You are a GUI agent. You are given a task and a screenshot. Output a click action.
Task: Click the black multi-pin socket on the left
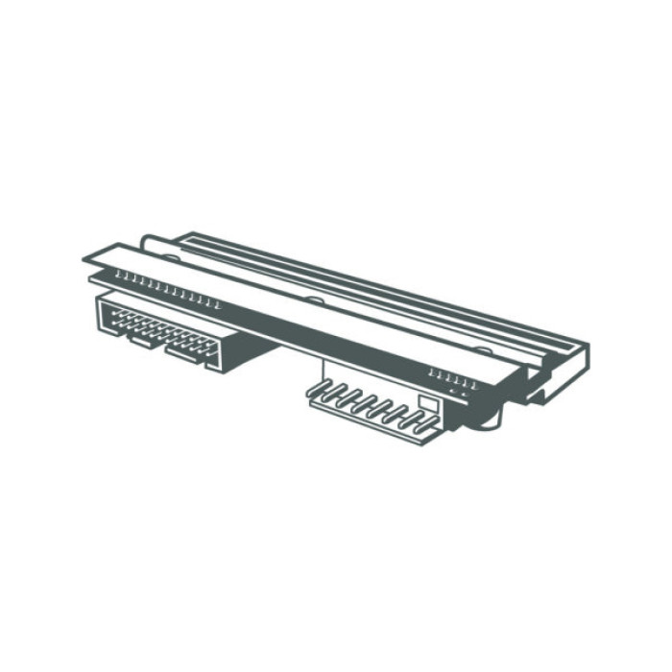(163, 326)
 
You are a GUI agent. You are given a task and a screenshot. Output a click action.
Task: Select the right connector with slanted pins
(374, 401)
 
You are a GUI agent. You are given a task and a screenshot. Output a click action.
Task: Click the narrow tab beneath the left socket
(138, 339)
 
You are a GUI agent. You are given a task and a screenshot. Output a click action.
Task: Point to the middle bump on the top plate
(313, 300)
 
